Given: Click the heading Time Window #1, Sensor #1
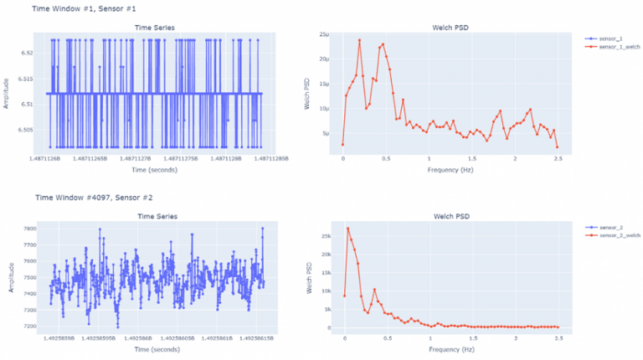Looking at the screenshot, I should point(83,8).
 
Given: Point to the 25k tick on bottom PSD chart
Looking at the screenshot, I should point(326,236).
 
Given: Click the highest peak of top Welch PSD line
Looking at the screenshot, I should point(359,40).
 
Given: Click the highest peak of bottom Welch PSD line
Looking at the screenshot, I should point(347,229).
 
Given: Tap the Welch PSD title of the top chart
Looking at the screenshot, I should point(450,27).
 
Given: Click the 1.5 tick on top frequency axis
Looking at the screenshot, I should point(471,157).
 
